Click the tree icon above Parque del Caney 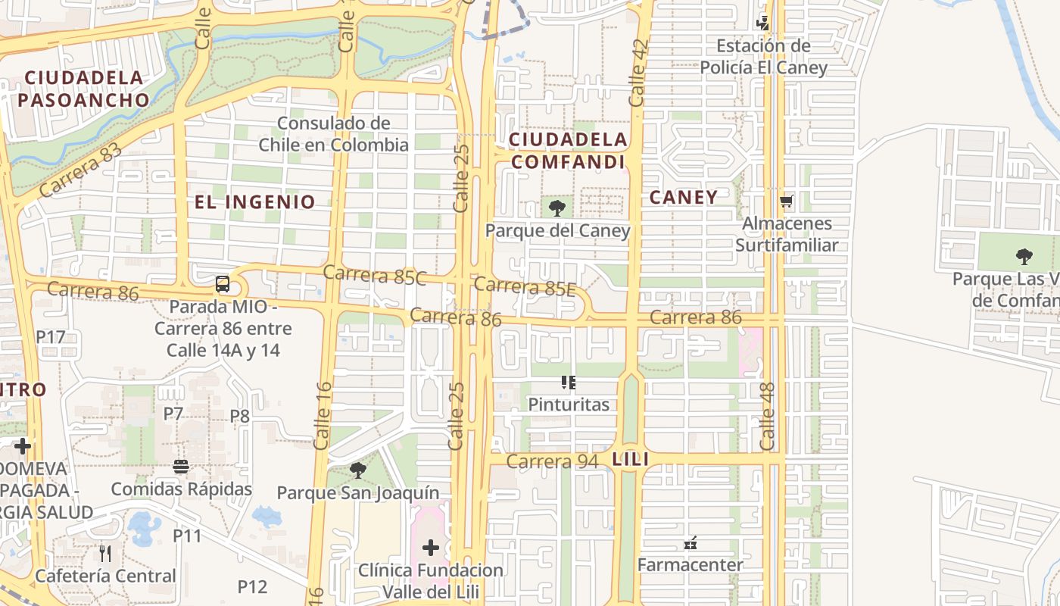(x=557, y=207)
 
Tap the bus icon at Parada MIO (x=222, y=285)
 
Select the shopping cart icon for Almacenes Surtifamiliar (x=787, y=201)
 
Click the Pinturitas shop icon (x=569, y=383)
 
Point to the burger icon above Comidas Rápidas (x=181, y=467)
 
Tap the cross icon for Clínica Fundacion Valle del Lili (x=431, y=548)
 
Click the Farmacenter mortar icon (x=690, y=543)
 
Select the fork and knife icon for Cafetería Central (x=105, y=554)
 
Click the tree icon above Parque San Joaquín (x=358, y=470)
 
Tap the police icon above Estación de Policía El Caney (x=763, y=23)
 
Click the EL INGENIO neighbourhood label (x=254, y=201)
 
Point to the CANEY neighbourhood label (x=684, y=197)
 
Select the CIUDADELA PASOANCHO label (x=83, y=89)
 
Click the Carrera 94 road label (x=552, y=461)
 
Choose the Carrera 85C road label (x=375, y=275)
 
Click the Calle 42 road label (x=638, y=73)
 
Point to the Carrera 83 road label (x=80, y=172)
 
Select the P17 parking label (x=51, y=336)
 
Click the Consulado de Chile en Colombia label (x=333, y=133)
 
